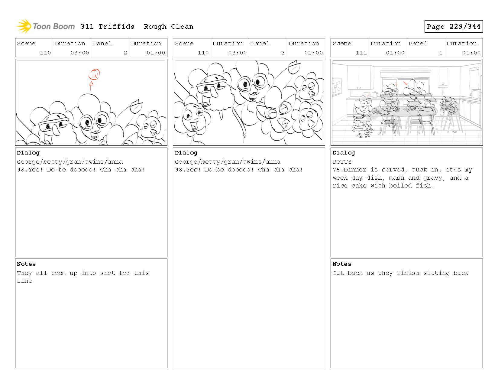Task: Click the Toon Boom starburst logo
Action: point(24,26)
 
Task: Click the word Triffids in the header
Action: point(116,27)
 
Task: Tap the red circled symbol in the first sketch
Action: point(94,74)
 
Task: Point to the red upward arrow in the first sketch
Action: point(91,86)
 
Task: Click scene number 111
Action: point(361,53)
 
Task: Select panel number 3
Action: point(283,53)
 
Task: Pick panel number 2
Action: point(125,53)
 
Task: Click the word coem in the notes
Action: point(58,273)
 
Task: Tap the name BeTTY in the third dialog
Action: point(342,162)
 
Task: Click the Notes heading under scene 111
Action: point(342,264)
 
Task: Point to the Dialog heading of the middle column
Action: point(186,153)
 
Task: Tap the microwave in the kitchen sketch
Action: point(476,94)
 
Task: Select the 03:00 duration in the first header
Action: point(79,53)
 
